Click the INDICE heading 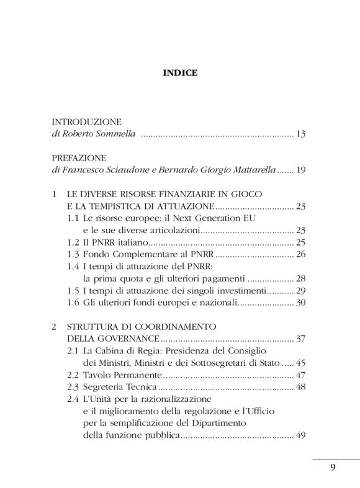[x=180, y=73]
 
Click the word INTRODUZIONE [x=86, y=122]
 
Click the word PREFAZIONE [x=79, y=158]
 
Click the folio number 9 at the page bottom [x=333, y=468]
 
